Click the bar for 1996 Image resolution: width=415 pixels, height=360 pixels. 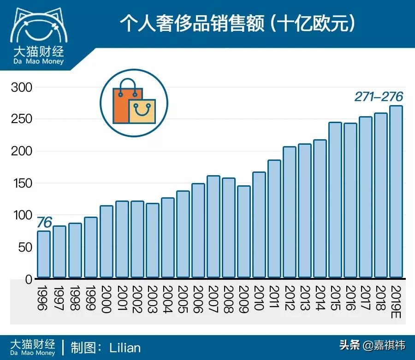44,254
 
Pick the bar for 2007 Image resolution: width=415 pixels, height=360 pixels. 213,227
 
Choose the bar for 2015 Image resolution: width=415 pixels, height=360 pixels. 336,200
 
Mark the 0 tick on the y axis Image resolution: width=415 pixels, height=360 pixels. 28,279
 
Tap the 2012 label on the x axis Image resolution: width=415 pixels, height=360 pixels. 289,298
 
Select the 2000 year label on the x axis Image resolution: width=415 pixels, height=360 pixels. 106,298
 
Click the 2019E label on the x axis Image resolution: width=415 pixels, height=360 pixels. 396,301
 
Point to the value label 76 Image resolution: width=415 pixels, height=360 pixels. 44,222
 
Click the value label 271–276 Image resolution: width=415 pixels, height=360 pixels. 379,97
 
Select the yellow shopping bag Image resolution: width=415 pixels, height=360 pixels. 142,112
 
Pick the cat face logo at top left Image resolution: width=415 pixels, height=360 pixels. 37,27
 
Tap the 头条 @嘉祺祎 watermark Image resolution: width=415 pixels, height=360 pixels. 372,345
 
